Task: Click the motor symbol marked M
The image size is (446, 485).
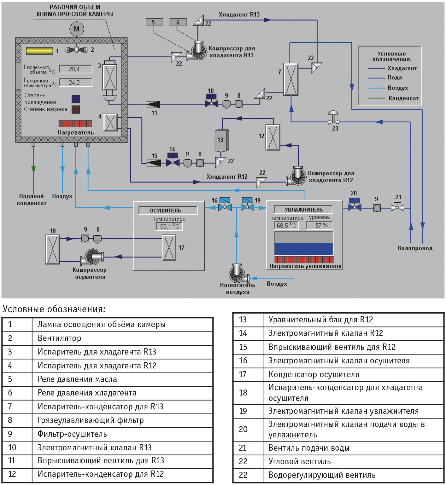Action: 77,29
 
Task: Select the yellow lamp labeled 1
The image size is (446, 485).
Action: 39,51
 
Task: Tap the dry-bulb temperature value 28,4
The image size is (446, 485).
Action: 75,69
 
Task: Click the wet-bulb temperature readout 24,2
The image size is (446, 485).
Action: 75,83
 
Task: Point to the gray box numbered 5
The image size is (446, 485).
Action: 154,22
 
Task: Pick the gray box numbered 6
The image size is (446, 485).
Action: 178,22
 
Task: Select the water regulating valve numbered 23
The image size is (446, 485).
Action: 333,117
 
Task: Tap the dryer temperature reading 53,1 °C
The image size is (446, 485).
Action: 169,226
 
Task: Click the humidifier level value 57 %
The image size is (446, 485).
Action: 320,225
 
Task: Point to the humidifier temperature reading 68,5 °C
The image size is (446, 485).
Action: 286,225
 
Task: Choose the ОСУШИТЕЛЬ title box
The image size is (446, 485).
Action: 168,210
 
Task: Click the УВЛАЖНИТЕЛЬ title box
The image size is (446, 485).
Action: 303,210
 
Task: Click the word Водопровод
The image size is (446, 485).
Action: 415,248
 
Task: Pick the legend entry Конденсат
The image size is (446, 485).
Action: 403,98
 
